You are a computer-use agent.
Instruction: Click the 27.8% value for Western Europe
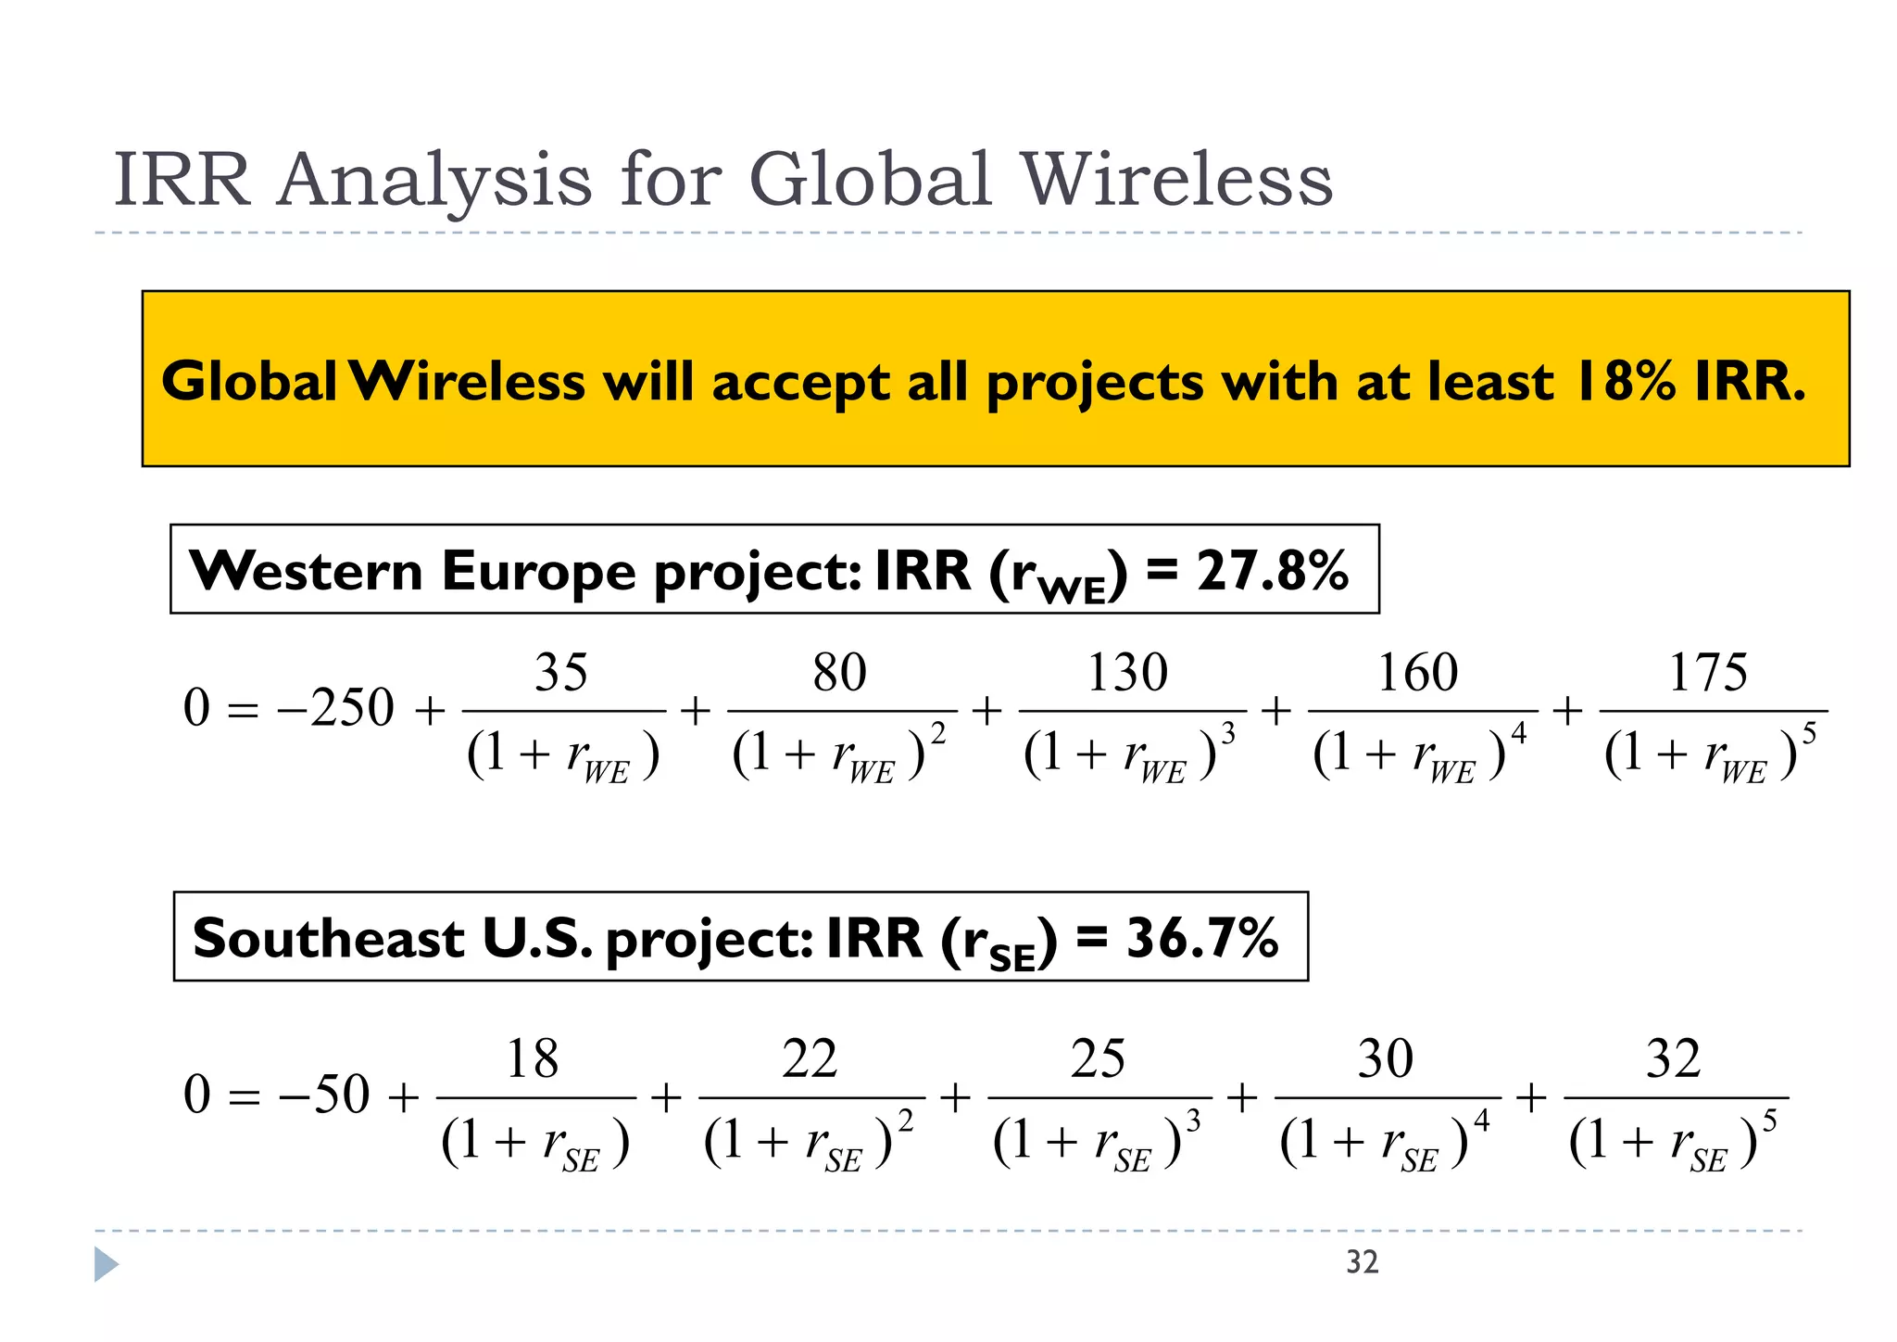[1272, 570]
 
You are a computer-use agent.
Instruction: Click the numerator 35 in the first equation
[561, 672]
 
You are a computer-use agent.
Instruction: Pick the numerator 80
[839, 672]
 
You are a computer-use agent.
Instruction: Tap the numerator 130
[1127, 672]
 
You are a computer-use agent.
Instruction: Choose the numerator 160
[1417, 672]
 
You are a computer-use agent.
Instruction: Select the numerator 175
[1707, 672]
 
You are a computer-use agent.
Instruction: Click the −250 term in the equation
[335, 709]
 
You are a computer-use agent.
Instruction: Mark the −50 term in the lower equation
[324, 1095]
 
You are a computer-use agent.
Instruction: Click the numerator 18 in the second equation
[533, 1058]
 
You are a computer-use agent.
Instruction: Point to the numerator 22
[810, 1058]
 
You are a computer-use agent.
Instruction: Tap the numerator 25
[1098, 1058]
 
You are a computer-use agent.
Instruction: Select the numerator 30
[1386, 1058]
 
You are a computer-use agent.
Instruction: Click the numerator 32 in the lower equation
[1674, 1058]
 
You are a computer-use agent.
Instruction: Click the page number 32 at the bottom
[1362, 1262]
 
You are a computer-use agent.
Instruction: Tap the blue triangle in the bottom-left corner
[106, 1264]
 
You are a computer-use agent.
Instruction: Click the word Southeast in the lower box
[328, 938]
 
